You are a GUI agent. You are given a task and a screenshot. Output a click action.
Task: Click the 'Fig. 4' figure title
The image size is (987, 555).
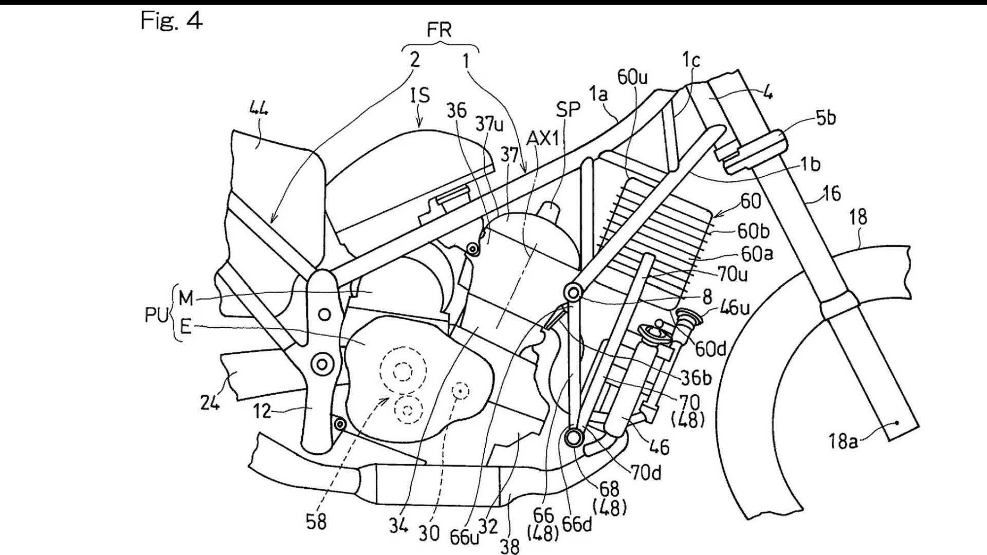(172, 21)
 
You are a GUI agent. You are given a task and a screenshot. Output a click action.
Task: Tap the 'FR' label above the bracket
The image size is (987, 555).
(439, 30)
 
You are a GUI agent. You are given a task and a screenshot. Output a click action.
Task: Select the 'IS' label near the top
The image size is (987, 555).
(420, 95)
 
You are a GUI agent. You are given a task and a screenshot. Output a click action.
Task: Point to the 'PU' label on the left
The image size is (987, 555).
(156, 316)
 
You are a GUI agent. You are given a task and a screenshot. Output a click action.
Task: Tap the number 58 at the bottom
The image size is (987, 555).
(316, 521)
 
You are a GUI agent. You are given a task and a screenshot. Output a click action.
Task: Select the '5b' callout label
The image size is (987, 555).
(826, 118)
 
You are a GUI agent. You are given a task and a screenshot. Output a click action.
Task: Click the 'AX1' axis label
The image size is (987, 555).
(542, 138)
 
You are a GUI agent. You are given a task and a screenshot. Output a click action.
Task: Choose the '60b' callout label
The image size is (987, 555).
(753, 231)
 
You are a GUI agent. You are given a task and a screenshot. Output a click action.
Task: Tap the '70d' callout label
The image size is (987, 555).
(646, 473)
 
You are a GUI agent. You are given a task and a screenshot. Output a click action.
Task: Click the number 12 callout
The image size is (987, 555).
(262, 411)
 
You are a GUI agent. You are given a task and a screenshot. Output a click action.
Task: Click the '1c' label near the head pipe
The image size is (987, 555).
(691, 61)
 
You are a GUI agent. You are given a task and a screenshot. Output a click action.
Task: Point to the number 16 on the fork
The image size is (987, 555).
(831, 194)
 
